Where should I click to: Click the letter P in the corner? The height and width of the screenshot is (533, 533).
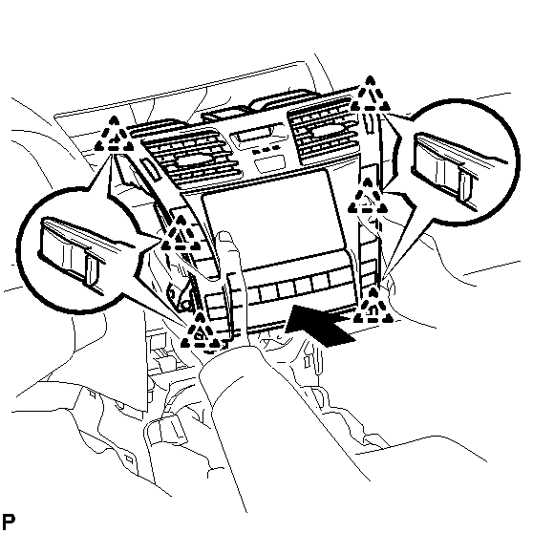(x=9, y=522)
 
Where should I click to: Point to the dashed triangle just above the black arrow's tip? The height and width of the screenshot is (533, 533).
(x=373, y=306)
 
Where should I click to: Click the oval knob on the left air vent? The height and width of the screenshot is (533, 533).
(x=193, y=160)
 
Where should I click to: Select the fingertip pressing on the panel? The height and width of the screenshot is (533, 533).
(x=225, y=240)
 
